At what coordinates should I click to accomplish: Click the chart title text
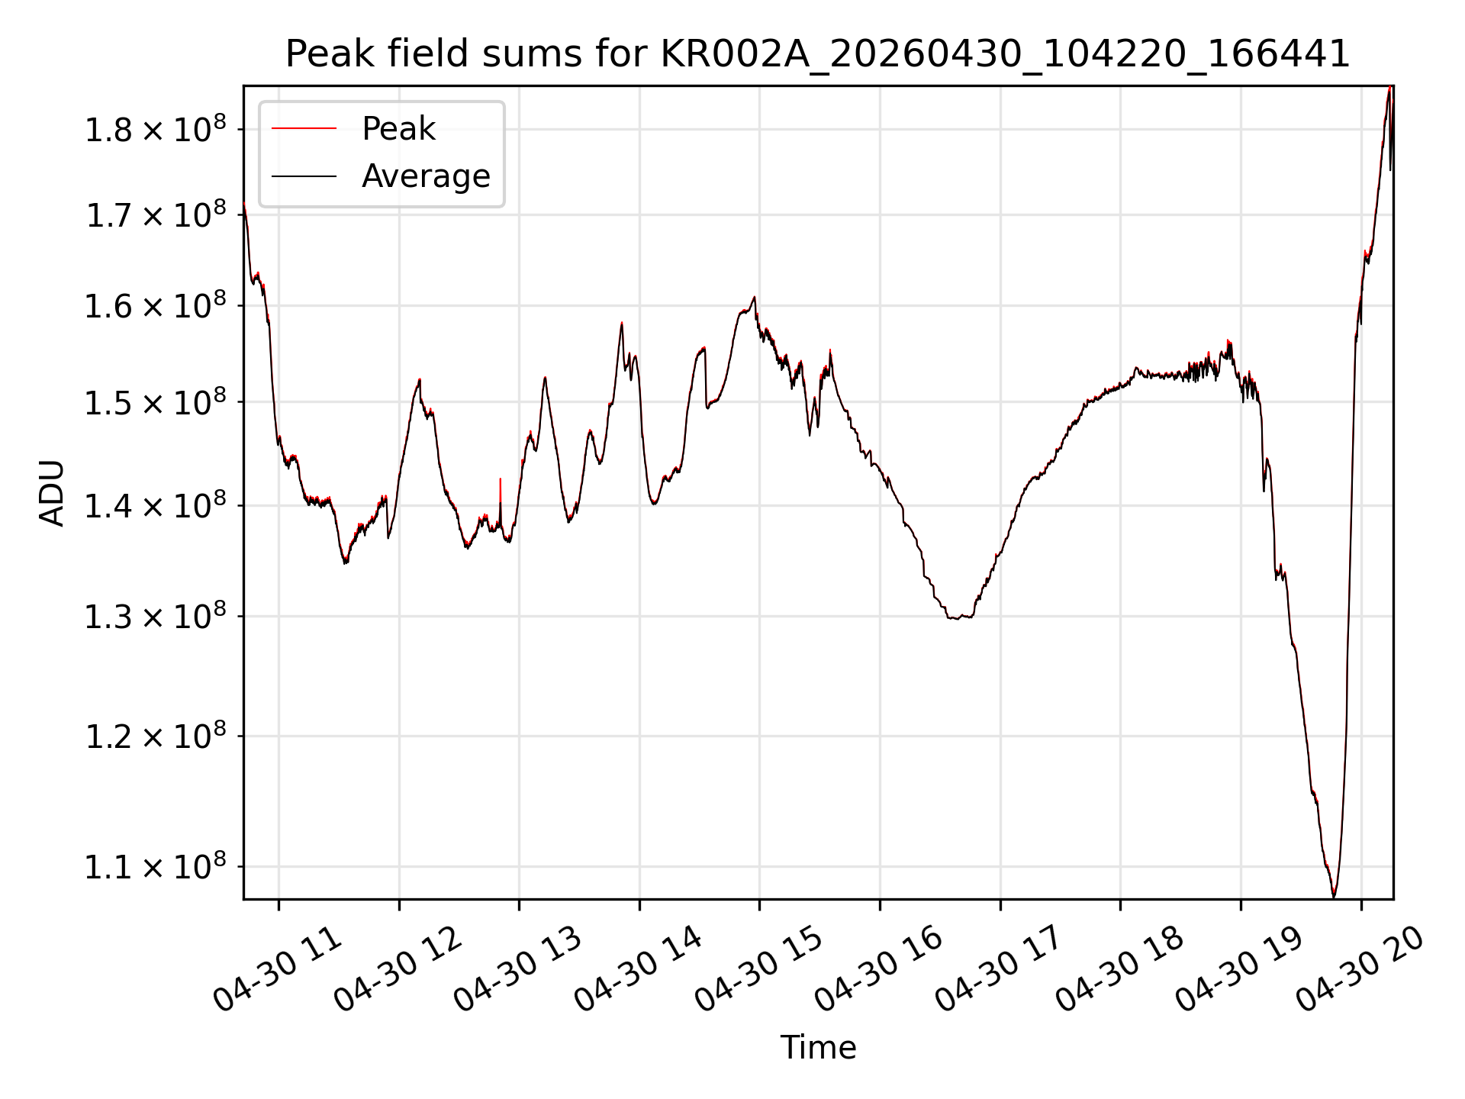818,54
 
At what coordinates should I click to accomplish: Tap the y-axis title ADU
52,492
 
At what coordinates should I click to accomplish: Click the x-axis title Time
818,1048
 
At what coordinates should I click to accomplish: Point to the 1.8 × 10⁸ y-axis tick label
155,129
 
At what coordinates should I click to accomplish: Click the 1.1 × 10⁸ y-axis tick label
155,866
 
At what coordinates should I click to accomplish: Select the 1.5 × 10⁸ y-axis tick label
155,402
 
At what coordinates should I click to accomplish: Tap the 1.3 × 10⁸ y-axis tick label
155,616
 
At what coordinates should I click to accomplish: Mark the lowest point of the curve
1334,896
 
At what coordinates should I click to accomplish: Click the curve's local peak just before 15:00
754,298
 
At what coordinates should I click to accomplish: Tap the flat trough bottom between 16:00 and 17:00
959,617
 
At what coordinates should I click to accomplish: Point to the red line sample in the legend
304,129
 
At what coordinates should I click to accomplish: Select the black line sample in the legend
304,176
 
